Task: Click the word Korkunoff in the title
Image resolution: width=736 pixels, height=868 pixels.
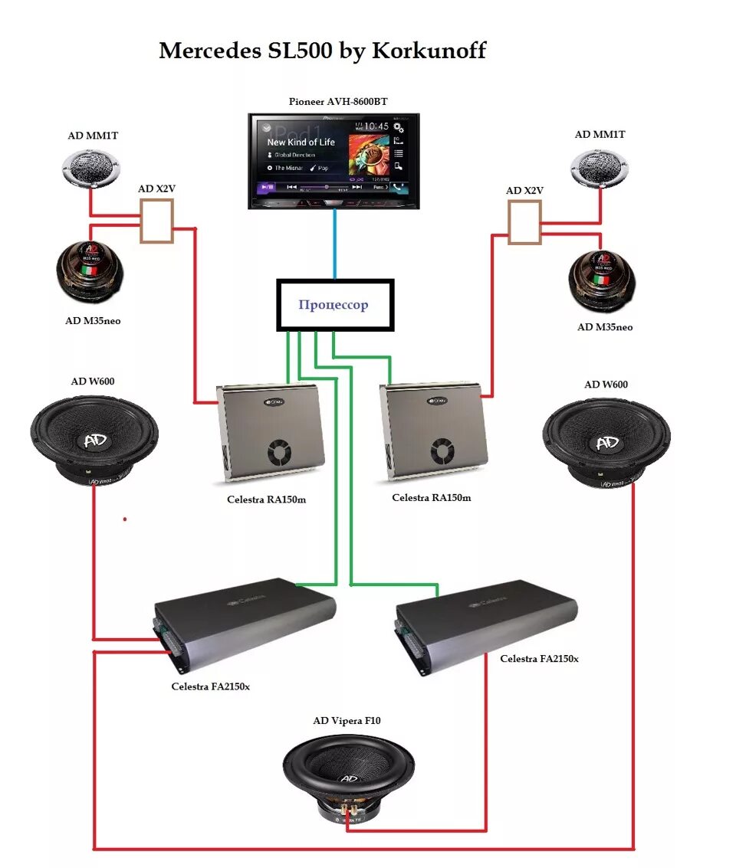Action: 429,51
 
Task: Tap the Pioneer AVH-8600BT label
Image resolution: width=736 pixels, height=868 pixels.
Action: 333,101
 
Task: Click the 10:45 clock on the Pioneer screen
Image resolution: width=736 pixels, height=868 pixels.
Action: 376,126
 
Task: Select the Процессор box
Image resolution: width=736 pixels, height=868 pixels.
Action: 334,305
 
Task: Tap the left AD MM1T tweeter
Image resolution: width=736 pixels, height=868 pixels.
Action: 92,168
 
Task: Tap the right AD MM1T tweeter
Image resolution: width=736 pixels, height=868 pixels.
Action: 600,168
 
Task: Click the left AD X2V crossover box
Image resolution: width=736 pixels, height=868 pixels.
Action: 156,221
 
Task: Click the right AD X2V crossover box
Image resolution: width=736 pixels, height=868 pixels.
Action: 524,221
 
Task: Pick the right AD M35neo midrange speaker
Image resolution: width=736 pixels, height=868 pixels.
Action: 603,279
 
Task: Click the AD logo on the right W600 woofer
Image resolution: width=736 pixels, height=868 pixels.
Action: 606,444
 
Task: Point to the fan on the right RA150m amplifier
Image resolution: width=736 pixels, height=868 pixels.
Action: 442,451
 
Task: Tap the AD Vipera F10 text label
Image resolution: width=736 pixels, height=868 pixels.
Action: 347,720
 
